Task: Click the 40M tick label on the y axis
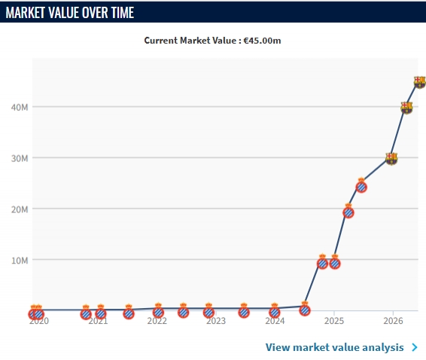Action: (x=20, y=108)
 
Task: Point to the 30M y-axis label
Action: (x=20, y=158)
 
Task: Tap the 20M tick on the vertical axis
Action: (x=20, y=209)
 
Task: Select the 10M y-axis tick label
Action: (x=20, y=261)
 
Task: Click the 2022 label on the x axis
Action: (x=157, y=321)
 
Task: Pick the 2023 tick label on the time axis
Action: (x=216, y=321)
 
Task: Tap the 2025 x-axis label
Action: (x=334, y=321)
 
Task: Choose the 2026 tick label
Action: (x=393, y=321)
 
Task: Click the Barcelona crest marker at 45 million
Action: (x=420, y=82)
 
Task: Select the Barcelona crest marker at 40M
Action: (x=406, y=108)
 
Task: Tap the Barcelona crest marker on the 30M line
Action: (x=391, y=159)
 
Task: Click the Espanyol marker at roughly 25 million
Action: (x=361, y=185)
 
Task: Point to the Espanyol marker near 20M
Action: (x=348, y=211)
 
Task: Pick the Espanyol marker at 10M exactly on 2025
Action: (x=335, y=262)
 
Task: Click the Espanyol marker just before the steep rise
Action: (x=305, y=309)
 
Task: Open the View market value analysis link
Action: (x=334, y=347)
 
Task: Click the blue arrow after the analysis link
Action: (x=415, y=347)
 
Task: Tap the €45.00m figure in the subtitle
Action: (x=262, y=41)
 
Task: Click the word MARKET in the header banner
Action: (x=26, y=13)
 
